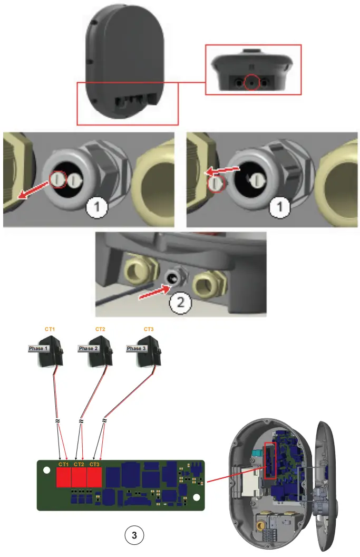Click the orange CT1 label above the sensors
[x=50, y=329]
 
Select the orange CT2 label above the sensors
[x=100, y=329]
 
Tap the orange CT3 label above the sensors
[x=149, y=329]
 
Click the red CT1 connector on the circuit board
[x=64, y=478]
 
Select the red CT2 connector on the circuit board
[x=79, y=478]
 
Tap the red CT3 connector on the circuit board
[x=94, y=478]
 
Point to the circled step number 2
[x=180, y=303]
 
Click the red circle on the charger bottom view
[x=252, y=83]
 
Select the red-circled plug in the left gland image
[x=57, y=180]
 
